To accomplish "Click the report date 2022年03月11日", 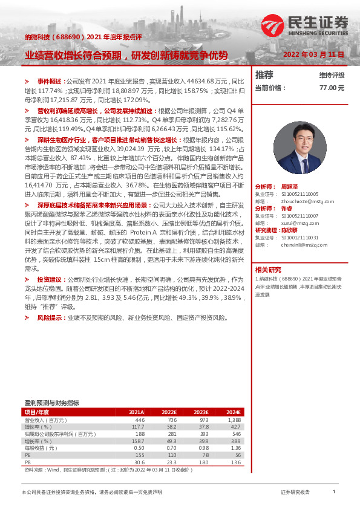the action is (x=313, y=54).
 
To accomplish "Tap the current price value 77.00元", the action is (x=332, y=87).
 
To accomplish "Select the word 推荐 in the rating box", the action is (x=264, y=75).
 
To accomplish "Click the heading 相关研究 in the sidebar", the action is (x=267, y=270).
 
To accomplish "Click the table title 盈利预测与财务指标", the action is (x=51, y=403).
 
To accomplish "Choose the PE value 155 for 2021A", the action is (x=140, y=455).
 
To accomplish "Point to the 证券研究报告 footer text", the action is (x=295, y=493).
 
